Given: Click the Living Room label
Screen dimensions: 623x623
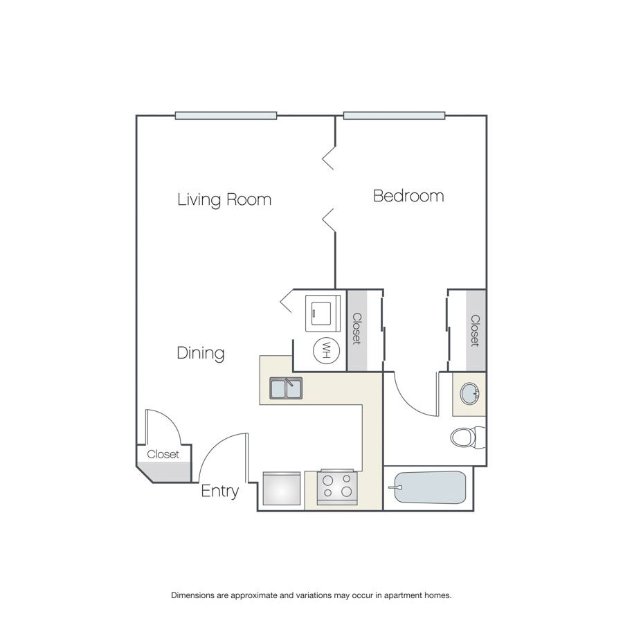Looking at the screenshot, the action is click(x=224, y=199).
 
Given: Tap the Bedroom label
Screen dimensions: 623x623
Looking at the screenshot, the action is click(x=408, y=196).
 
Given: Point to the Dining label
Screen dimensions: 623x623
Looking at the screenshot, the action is click(x=201, y=353).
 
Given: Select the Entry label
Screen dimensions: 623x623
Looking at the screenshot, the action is click(x=219, y=491).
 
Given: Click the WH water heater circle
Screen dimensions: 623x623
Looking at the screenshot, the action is click(x=327, y=350).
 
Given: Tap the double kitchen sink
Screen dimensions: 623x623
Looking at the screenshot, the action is click(x=286, y=388).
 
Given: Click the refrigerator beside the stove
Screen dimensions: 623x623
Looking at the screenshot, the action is click(x=282, y=489).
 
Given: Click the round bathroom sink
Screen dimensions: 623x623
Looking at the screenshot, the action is click(x=470, y=394).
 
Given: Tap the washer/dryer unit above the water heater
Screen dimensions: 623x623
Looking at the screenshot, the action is click(x=323, y=313).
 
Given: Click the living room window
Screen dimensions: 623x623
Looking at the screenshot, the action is click(x=226, y=116).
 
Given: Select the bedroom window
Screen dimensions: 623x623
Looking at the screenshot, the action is click(x=394, y=116).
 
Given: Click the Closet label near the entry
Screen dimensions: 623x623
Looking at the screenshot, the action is click(x=163, y=454).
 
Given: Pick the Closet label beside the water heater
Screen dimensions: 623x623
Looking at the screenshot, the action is click(x=356, y=329).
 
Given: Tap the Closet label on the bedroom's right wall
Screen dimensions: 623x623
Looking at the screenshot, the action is click(x=475, y=331).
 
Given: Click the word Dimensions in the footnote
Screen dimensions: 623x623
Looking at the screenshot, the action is click(x=192, y=595).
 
